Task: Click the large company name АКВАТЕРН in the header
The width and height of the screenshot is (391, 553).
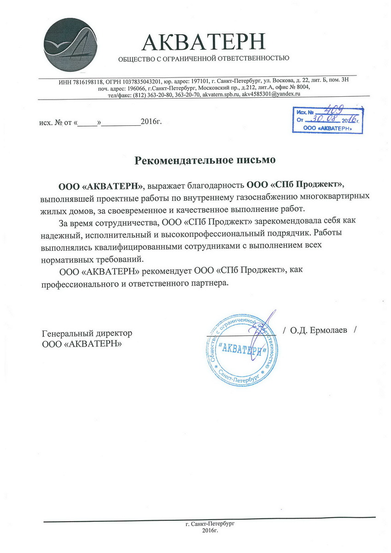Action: point(204,42)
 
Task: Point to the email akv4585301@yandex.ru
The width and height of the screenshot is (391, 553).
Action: point(271,94)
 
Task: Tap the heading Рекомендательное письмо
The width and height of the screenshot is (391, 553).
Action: point(204,160)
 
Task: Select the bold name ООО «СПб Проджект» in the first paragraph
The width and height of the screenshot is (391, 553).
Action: point(295,185)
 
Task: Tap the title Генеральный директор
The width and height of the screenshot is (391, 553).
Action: point(87,333)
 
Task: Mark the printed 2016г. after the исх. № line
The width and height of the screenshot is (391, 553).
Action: point(152,122)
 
